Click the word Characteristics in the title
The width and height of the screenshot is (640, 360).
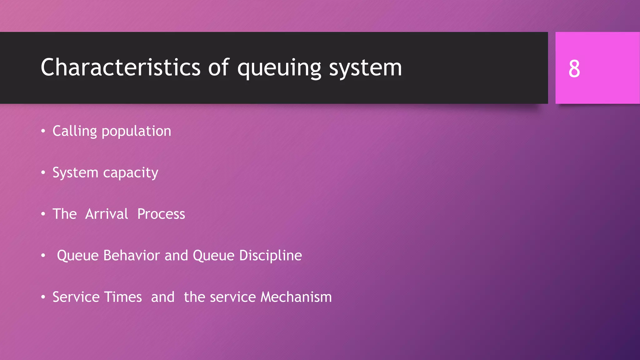(x=120, y=67)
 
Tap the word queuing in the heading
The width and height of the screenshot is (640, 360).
(x=279, y=68)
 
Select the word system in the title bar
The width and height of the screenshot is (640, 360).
(x=365, y=68)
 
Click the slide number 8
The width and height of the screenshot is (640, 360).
(x=574, y=69)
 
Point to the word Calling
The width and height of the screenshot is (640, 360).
(x=75, y=131)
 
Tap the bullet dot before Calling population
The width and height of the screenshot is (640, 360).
(x=43, y=131)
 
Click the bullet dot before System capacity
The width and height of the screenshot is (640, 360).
(x=43, y=172)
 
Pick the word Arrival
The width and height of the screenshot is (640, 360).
(x=107, y=214)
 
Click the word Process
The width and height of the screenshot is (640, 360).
(x=161, y=214)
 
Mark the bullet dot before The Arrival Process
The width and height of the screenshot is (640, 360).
(x=43, y=214)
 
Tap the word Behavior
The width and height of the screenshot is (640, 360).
(x=132, y=256)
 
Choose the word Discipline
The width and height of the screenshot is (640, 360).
(x=270, y=256)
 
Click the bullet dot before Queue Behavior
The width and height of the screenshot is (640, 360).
(x=43, y=256)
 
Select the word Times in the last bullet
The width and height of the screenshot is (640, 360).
(x=123, y=297)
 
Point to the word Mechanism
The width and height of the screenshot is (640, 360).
(x=296, y=297)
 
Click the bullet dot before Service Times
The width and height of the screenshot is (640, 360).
(x=43, y=297)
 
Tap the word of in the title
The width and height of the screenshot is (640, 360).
(x=218, y=67)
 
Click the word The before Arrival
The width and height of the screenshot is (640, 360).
(x=64, y=214)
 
